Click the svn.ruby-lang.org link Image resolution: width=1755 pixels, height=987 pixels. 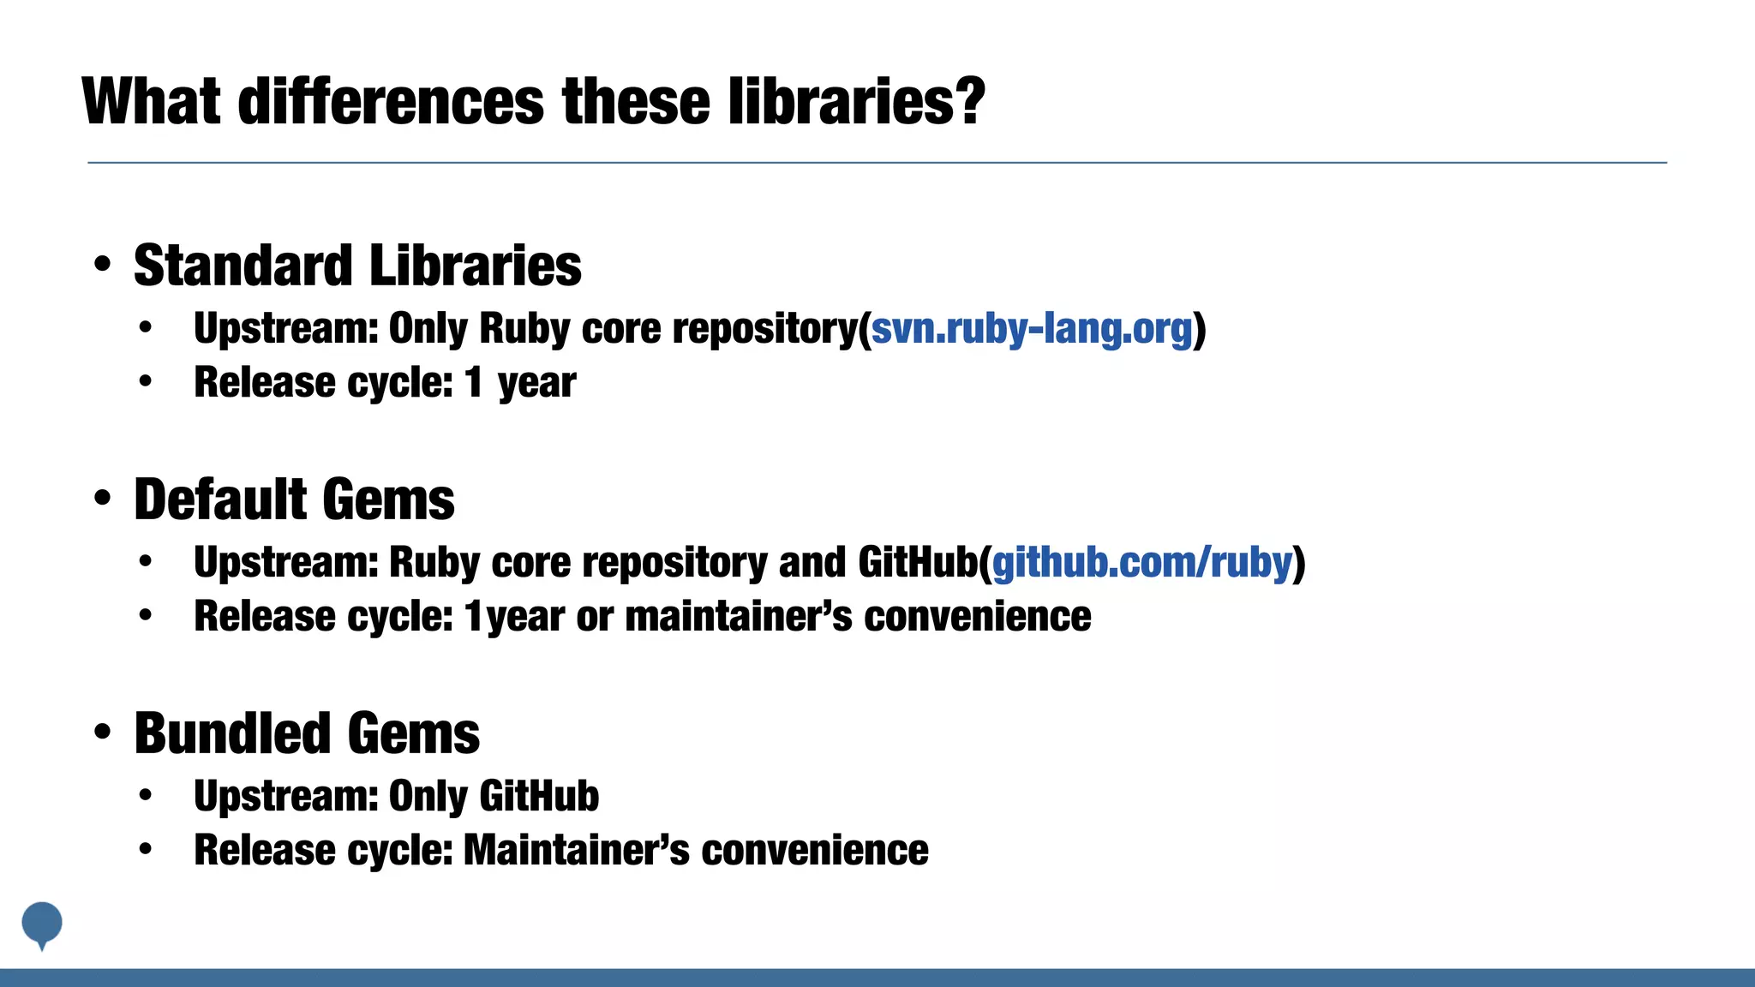pyautogui.click(x=1031, y=329)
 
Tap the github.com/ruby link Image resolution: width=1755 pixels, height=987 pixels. pyautogui.click(x=1141, y=563)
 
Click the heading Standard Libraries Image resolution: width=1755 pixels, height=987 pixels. pyautogui.click(x=357, y=266)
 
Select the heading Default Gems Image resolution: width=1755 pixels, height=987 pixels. pyautogui.click(x=294, y=499)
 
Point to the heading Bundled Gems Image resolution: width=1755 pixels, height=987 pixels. pyautogui.click(x=307, y=733)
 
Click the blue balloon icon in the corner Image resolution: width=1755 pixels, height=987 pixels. pyautogui.click(x=41, y=924)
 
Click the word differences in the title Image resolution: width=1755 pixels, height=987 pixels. pyautogui.click(x=391, y=101)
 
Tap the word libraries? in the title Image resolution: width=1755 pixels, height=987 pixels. pyautogui.click(x=856, y=101)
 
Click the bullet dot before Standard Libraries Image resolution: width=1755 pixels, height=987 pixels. pyautogui.click(x=103, y=264)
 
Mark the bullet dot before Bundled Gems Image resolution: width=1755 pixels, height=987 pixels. pyautogui.click(x=103, y=732)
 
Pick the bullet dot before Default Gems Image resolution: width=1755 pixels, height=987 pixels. pyautogui.click(x=103, y=498)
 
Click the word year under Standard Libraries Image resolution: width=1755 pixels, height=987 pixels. pyautogui.click(x=536, y=383)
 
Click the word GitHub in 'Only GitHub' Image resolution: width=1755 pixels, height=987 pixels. pyautogui.click(x=539, y=796)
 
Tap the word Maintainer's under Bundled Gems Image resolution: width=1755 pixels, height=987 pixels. pyautogui.click(x=576, y=850)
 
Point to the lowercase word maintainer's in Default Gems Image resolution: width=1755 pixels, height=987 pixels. pyautogui.click(x=739, y=617)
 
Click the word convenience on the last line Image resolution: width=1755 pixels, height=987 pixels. pyautogui.click(x=814, y=850)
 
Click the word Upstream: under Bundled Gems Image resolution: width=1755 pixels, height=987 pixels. pyautogui.click(x=286, y=796)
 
